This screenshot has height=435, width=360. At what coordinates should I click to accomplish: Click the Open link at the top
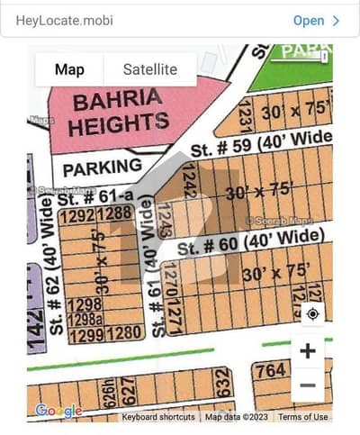click(x=315, y=20)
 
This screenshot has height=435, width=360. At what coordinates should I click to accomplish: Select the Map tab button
click(x=69, y=68)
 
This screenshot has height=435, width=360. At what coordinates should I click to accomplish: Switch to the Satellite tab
click(x=149, y=68)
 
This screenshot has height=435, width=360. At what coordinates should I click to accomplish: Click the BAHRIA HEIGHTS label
click(x=119, y=112)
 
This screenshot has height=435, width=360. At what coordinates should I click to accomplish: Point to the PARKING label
click(x=102, y=167)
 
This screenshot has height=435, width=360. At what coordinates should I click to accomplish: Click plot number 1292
click(x=77, y=214)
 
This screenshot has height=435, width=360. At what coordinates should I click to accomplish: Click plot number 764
click(x=270, y=371)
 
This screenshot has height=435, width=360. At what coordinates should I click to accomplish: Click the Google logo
click(x=59, y=412)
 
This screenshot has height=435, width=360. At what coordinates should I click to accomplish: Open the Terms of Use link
click(x=303, y=417)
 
